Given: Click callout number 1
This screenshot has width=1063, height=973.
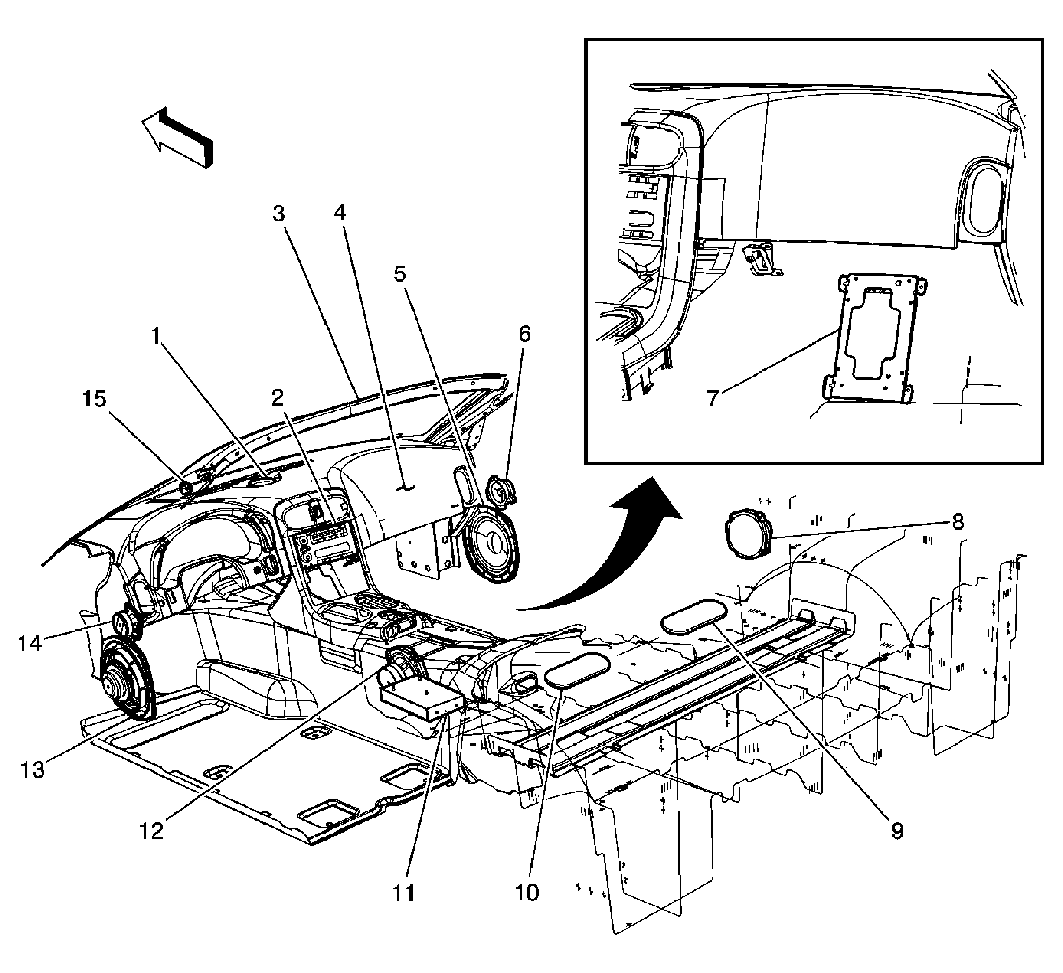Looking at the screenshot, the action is pyautogui.click(x=156, y=335).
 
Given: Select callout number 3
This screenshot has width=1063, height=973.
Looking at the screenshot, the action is pyautogui.click(x=278, y=214).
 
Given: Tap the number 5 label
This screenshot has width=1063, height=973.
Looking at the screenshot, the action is pyautogui.click(x=401, y=274).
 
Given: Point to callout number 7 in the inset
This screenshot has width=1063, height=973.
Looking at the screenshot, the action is pyautogui.click(x=713, y=397).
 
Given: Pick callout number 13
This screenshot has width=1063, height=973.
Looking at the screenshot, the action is pyautogui.click(x=32, y=770).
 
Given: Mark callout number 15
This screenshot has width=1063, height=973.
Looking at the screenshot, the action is pyautogui.click(x=94, y=399).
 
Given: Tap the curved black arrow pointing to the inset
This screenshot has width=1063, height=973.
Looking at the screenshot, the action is pyautogui.click(x=617, y=554).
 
